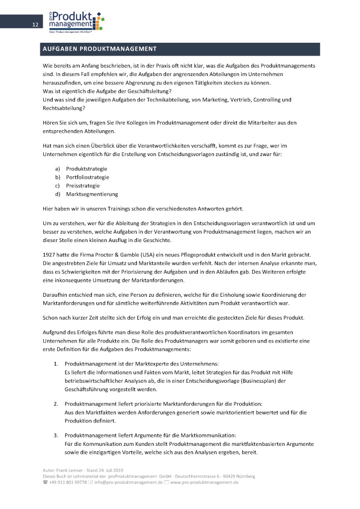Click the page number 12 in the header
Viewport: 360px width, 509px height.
pos(35,25)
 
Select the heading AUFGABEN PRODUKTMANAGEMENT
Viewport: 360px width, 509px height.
pos(99,49)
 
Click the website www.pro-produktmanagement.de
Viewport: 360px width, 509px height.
pos(204,482)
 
